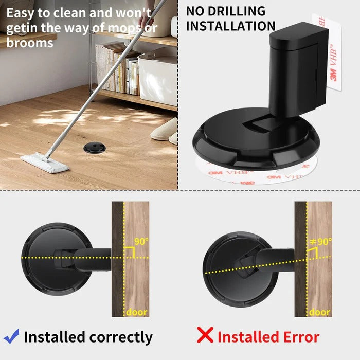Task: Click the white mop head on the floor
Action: coord(44,163)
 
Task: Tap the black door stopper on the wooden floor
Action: coord(94,149)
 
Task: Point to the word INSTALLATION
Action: coord(230,26)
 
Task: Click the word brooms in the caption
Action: coord(29,43)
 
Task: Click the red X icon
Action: coord(205,335)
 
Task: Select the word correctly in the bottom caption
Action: coord(121,337)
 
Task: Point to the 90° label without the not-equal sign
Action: coord(141,241)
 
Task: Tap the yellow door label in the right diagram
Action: coord(319,312)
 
